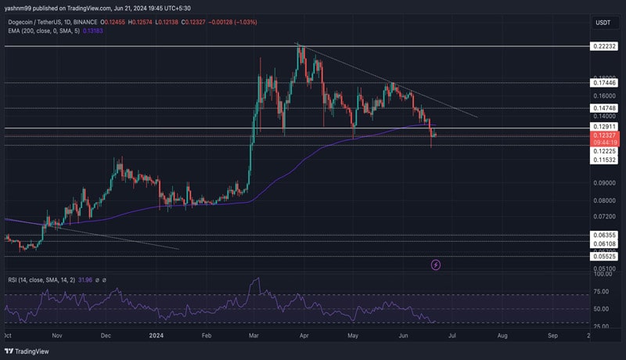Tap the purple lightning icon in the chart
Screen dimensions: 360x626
[436, 265]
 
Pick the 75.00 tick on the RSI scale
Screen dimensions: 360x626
[602, 291]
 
